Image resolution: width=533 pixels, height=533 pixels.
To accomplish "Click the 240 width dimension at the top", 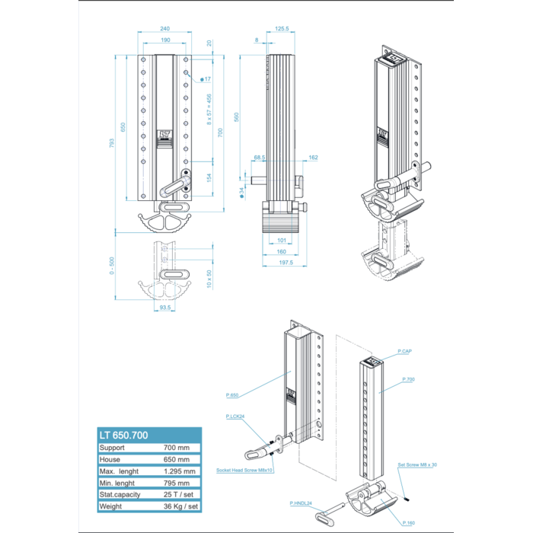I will pyautogui.click(x=164, y=29).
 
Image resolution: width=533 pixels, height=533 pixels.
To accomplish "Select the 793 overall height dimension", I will pyautogui.click(x=112, y=142).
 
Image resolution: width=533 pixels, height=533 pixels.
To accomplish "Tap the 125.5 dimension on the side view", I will pyautogui.click(x=282, y=29).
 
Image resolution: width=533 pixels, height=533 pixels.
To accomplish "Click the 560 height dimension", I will pyautogui.click(x=237, y=117).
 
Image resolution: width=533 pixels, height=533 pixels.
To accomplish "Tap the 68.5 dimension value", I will pyautogui.click(x=259, y=158).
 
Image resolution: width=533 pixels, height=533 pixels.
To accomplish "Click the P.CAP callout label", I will pyautogui.click(x=404, y=350).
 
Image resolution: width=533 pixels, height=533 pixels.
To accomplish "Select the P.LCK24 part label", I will pyautogui.click(x=235, y=417).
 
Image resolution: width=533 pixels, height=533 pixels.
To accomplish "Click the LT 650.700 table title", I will pyautogui.click(x=123, y=435).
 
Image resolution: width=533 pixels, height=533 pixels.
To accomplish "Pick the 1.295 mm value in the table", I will pyautogui.click(x=179, y=471).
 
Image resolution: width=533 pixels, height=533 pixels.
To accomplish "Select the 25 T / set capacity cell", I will pyautogui.click(x=179, y=494).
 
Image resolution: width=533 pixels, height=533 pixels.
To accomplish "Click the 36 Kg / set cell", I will pyautogui.click(x=179, y=506).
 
